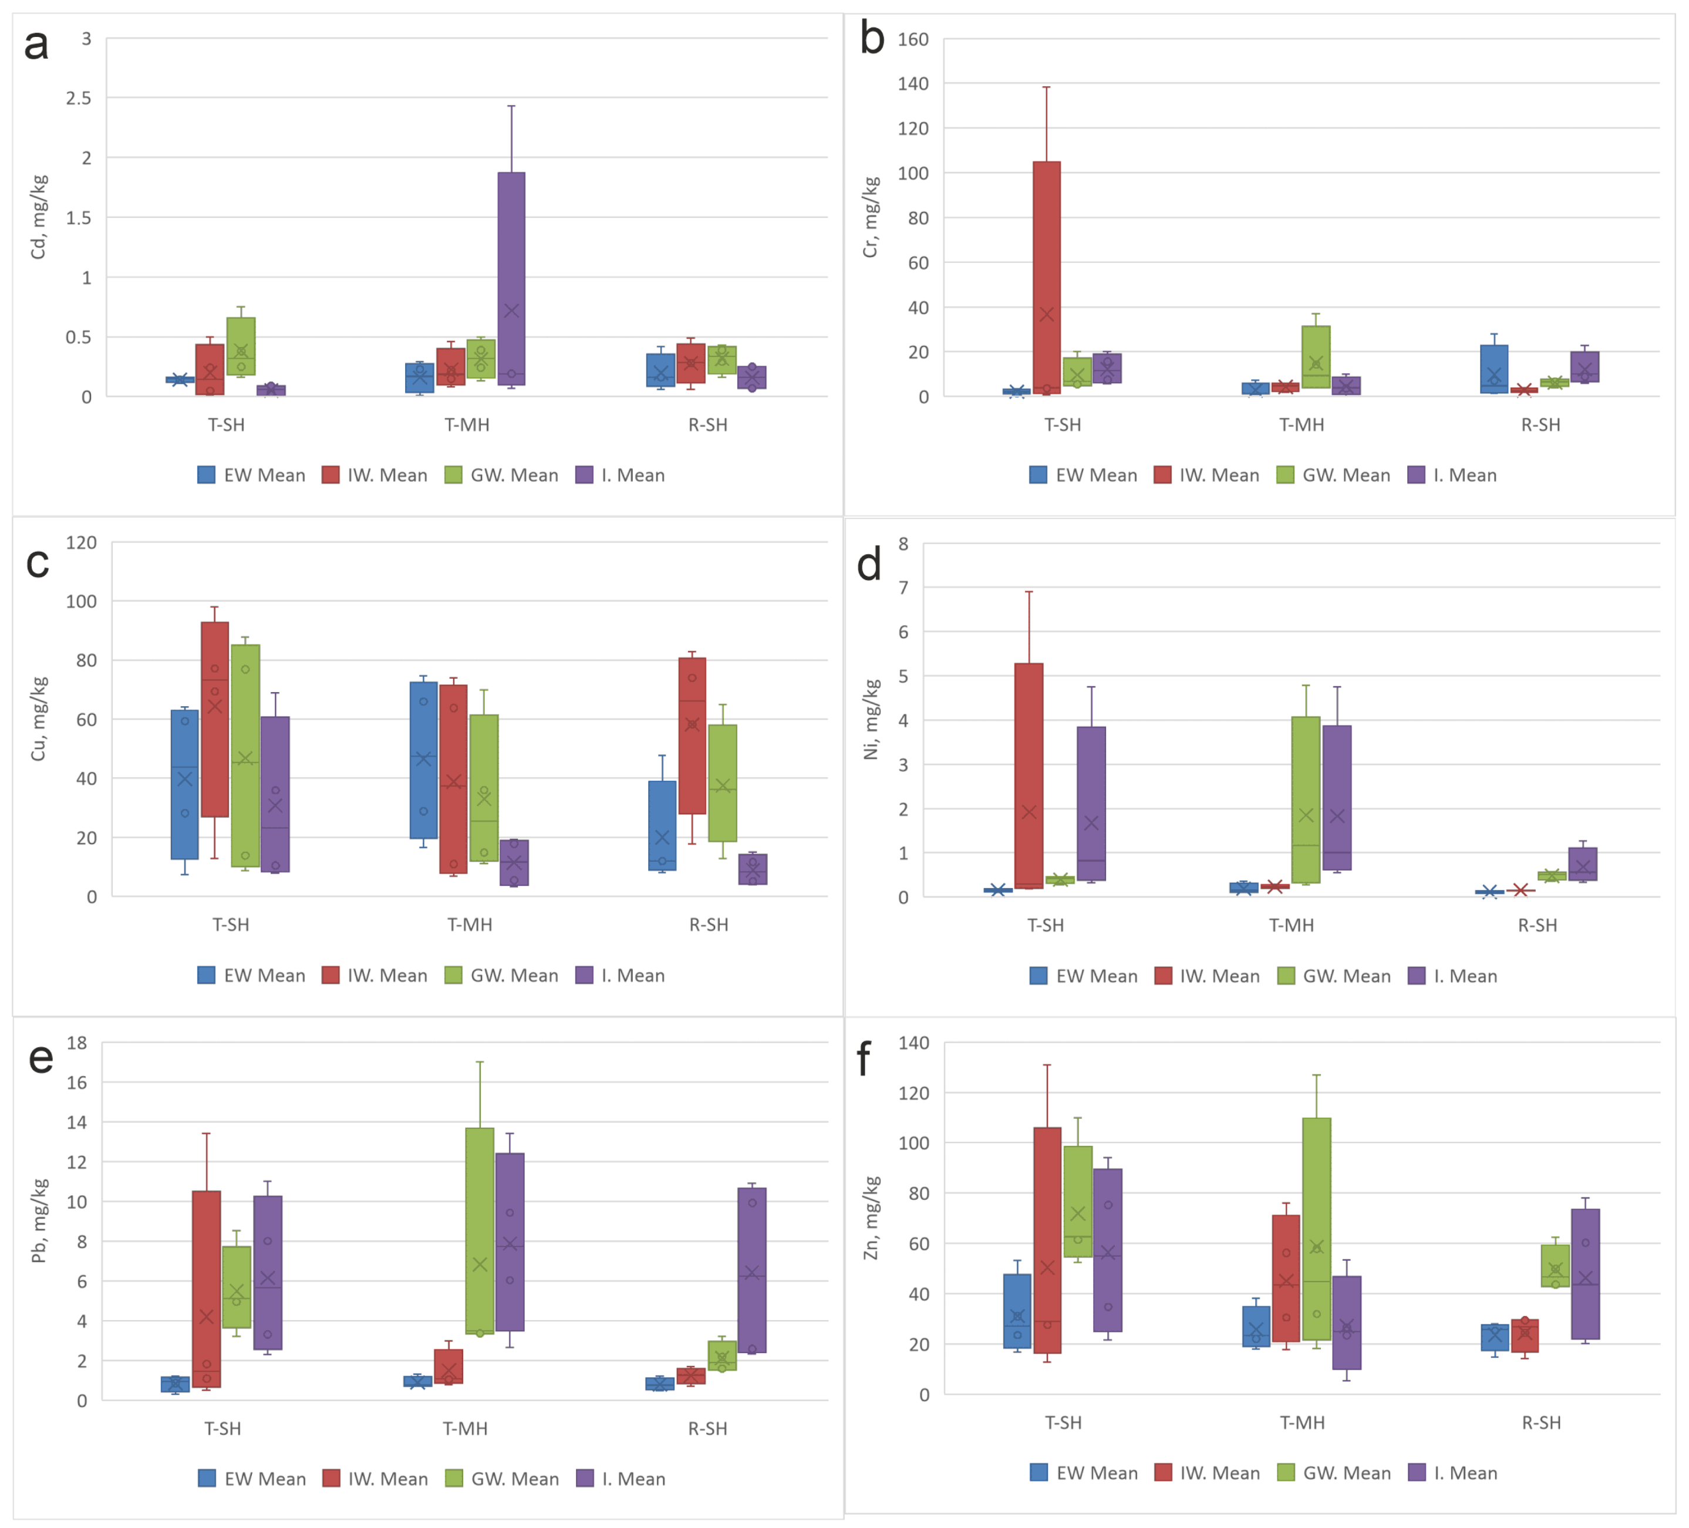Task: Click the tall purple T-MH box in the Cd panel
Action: [x=511, y=278]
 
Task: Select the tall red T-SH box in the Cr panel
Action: [x=1046, y=277]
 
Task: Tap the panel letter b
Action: [x=872, y=39]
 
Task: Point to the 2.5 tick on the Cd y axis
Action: [x=79, y=98]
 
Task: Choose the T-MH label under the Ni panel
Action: [x=1291, y=925]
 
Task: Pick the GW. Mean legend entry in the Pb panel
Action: [x=502, y=1479]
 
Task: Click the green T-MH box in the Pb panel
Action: [x=480, y=1230]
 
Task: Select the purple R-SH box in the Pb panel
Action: [x=751, y=1270]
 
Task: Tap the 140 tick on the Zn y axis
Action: [x=913, y=1043]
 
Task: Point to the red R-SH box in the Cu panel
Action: [x=692, y=736]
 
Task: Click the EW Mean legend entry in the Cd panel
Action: [x=251, y=475]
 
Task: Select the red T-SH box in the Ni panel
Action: [x=1029, y=775]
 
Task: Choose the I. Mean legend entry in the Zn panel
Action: [x=1453, y=1473]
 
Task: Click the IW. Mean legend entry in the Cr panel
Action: [x=1206, y=475]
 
